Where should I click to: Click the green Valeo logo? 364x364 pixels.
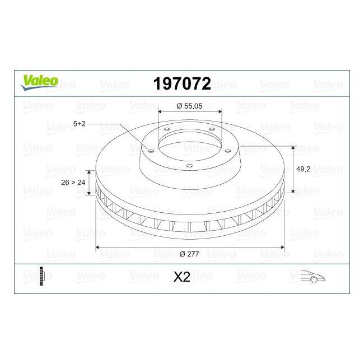39,82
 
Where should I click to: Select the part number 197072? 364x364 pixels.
182,84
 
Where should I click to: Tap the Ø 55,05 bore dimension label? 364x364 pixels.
189,105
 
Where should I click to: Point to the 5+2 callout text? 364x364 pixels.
80,124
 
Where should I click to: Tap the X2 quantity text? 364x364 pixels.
182,277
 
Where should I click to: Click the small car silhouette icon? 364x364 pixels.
313,276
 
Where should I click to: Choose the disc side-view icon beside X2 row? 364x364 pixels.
42,277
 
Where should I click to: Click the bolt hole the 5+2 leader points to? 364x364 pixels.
150,149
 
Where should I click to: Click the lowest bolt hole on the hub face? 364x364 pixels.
189,165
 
